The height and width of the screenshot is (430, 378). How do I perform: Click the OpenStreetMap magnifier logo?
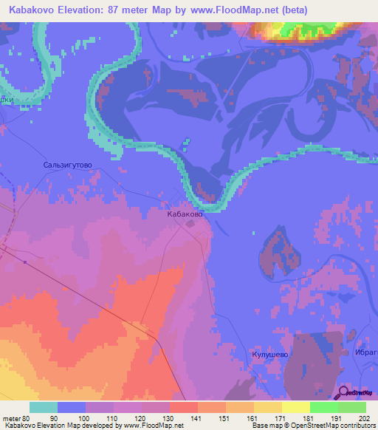344,392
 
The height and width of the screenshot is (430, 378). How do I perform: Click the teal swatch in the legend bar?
43,407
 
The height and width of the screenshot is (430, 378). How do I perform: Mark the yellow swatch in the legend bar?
295,407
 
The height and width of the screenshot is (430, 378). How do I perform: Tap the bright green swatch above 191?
323,407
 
